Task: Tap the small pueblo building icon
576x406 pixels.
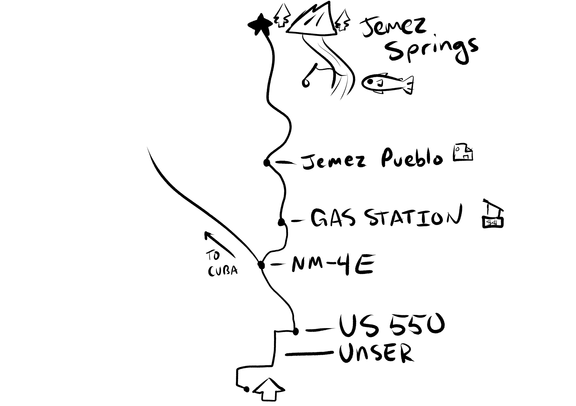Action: point(463,153)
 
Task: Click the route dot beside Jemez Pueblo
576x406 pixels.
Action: point(266,163)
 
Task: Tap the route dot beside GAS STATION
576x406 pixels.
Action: point(282,222)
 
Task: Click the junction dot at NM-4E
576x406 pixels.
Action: point(261,265)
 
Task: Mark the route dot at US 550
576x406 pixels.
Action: point(296,332)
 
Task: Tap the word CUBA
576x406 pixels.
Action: point(223,271)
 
